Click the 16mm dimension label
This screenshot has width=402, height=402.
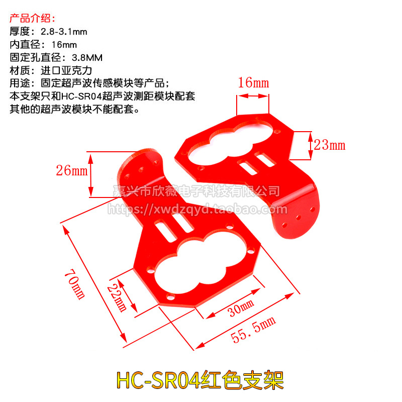click(253, 83)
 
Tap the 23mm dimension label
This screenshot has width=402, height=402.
click(330, 145)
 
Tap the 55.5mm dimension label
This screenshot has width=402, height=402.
click(254, 330)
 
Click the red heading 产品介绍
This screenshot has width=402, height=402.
click(31, 19)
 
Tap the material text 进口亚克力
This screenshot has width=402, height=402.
click(66, 70)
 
